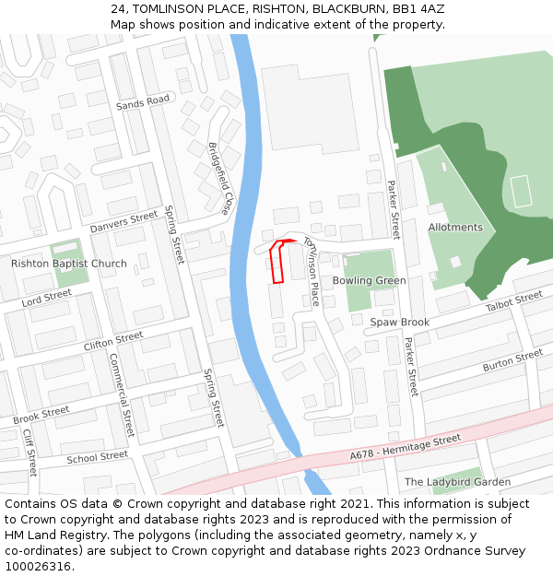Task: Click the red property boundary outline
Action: pyautogui.click(x=276, y=263)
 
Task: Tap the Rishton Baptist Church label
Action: pyautogui.click(x=69, y=264)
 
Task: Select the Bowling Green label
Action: pyautogui.click(x=369, y=280)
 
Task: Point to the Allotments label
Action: pyautogui.click(x=455, y=227)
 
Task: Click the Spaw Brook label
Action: pyautogui.click(x=400, y=322)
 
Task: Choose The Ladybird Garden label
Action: pyautogui.click(x=457, y=482)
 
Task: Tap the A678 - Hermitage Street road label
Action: pyautogui.click(x=405, y=448)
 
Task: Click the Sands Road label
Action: pyautogui.click(x=144, y=102)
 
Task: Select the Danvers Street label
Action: pyautogui.click(x=124, y=222)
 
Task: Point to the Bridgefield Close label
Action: pyautogui.click(x=220, y=179)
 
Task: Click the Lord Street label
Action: pyautogui.click(x=46, y=298)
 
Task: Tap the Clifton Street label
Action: pyautogui.click(x=113, y=341)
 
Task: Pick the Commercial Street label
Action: pyautogui.click(x=122, y=394)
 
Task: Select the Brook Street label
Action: pyautogui.click(x=41, y=416)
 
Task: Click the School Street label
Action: pyautogui.click(x=97, y=457)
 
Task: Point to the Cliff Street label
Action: pyautogui.click(x=29, y=452)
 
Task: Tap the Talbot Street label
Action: pyautogui.click(x=514, y=300)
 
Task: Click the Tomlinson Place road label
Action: pyautogui.click(x=312, y=269)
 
